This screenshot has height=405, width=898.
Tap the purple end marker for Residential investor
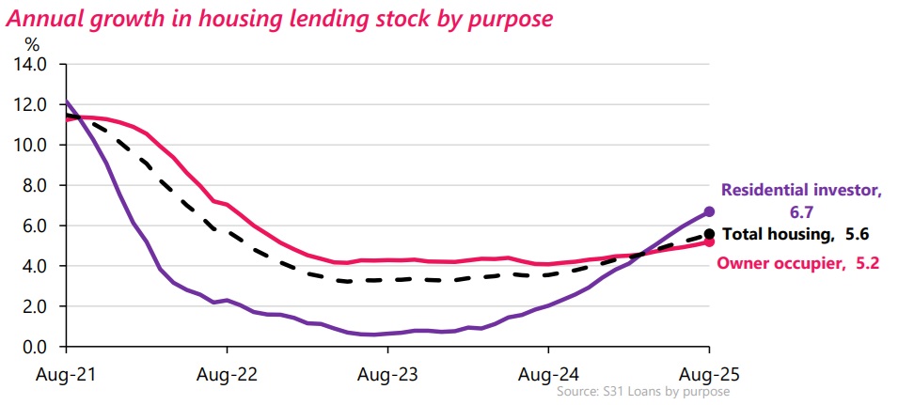(709, 212)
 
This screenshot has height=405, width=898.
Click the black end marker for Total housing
(709, 234)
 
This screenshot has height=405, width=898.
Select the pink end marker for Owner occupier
(709, 242)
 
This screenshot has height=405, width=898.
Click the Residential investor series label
(801, 198)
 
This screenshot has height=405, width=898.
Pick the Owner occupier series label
(797, 263)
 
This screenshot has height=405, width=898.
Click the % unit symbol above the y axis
(33, 43)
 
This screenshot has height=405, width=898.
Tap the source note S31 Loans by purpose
(643, 391)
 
